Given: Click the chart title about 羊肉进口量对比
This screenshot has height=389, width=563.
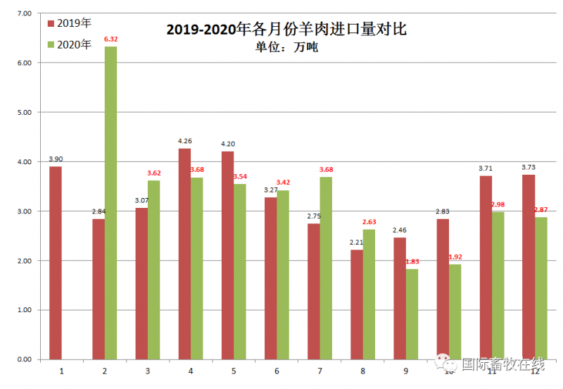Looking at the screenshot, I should pyautogui.click(x=286, y=30).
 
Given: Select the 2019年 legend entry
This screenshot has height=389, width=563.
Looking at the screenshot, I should pyautogui.click(x=70, y=23).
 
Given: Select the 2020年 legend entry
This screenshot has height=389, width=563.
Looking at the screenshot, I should pyautogui.click(x=70, y=44).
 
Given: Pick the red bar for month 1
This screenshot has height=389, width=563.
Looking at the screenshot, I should pyautogui.click(x=56, y=262).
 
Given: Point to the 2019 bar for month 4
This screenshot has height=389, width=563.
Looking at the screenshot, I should pyautogui.click(x=184, y=254).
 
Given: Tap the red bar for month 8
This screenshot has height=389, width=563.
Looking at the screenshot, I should pyautogui.click(x=357, y=304).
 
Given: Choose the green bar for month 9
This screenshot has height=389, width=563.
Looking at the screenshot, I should pyautogui.click(x=412, y=314).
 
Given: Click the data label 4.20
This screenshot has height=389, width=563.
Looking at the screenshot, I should pyautogui.click(x=227, y=144).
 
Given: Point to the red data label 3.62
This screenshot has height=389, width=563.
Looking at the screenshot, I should pyautogui.click(x=154, y=173).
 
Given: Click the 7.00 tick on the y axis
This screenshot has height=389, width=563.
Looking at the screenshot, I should pyautogui.click(x=23, y=13).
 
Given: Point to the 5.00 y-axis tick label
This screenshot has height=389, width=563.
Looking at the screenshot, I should pyautogui.click(x=23, y=112).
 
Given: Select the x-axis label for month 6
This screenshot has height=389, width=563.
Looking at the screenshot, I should pyautogui.click(x=277, y=371).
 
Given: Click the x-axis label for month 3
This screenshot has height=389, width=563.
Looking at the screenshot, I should pyautogui.click(x=148, y=371).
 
